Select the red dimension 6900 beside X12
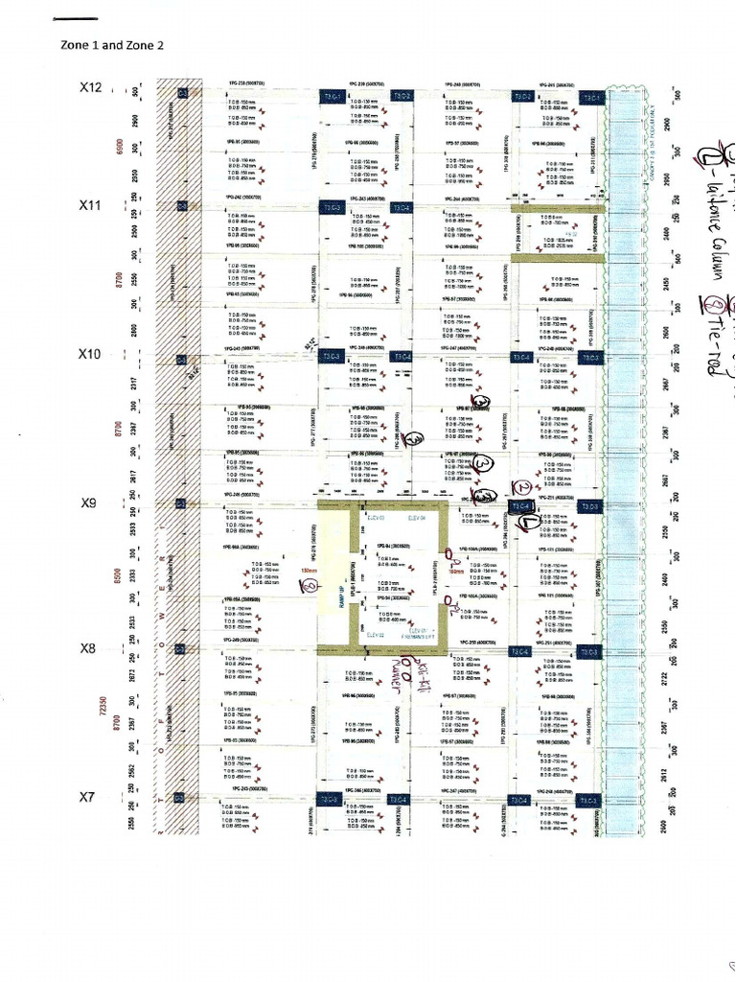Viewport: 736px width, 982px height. pos(117,148)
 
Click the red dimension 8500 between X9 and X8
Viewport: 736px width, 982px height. pos(117,575)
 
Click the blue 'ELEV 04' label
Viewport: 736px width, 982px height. pos(416,518)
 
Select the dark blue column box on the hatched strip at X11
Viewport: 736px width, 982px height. pos(182,206)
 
